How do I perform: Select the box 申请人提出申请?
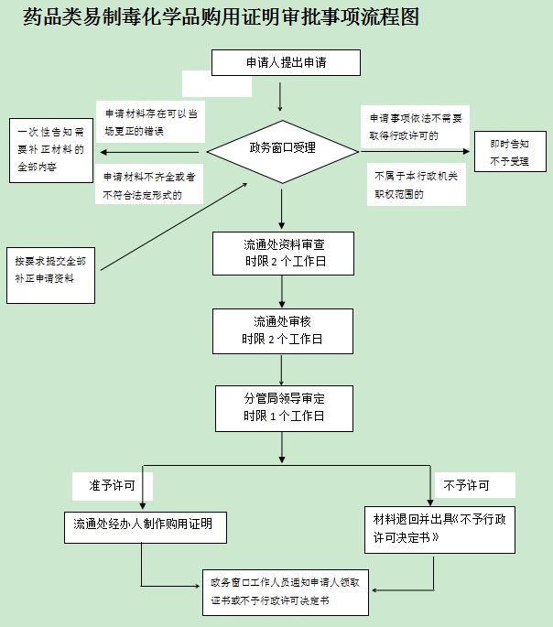pos(286,62)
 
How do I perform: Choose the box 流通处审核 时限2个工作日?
pos(283,331)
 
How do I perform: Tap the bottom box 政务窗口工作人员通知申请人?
pos(285,591)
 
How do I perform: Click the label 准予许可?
pos(112,484)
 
